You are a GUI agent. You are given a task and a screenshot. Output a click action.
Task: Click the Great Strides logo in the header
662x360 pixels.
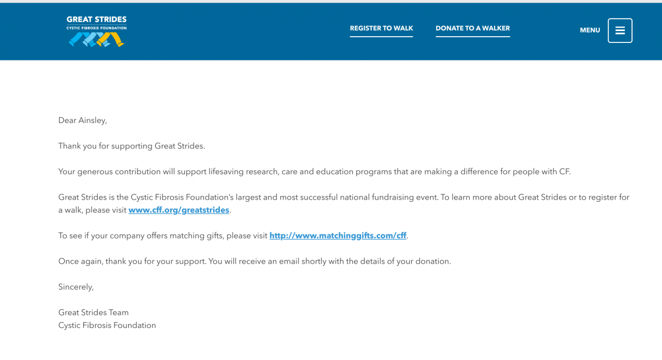click(x=97, y=31)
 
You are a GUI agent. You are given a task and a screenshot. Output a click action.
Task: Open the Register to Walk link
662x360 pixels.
click(x=381, y=28)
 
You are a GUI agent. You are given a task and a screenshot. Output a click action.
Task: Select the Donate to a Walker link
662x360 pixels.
click(x=473, y=28)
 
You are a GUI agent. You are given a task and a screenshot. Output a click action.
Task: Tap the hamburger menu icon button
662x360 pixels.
click(x=620, y=31)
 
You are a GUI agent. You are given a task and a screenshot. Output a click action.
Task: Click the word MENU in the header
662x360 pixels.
click(x=590, y=31)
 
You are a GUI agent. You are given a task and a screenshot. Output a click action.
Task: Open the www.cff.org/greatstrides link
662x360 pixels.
click(x=178, y=210)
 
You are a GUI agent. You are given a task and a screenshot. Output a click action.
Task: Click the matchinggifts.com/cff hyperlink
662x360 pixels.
click(x=338, y=236)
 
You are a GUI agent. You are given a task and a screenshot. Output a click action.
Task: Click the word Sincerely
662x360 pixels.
click(x=76, y=287)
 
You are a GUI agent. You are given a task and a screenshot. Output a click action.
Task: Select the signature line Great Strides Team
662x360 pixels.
click(x=93, y=312)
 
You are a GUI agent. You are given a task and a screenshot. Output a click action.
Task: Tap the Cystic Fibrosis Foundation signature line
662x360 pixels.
click(x=107, y=325)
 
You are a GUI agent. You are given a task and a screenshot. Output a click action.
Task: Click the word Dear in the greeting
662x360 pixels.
click(x=67, y=121)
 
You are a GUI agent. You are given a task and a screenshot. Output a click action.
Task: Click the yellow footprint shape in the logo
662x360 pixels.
click(x=117, y=39)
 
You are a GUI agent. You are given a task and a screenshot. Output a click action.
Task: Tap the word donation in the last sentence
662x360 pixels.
click(x=432, y=262)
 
